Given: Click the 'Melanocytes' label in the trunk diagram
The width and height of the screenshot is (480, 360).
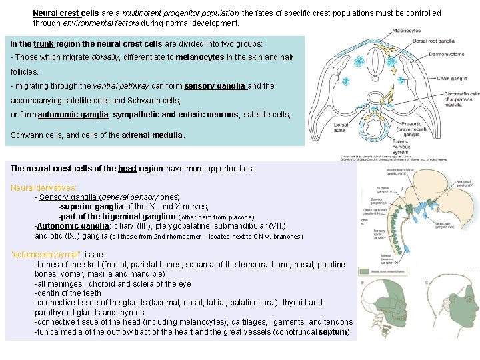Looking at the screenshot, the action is (407, 30).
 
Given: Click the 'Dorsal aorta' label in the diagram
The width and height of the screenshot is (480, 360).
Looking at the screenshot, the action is (341, 127).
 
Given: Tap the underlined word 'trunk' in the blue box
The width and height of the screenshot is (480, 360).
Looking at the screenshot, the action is (45, 43).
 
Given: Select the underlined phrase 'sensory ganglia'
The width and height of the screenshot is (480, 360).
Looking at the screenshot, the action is (215, 86).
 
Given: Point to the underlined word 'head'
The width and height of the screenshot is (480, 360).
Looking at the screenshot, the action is (127, 169).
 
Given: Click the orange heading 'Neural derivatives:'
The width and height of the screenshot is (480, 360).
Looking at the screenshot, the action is (44, 188).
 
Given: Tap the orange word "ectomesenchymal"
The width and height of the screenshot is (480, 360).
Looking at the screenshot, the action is (46, 255).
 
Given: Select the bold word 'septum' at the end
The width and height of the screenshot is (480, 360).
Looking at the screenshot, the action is (334, 331).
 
